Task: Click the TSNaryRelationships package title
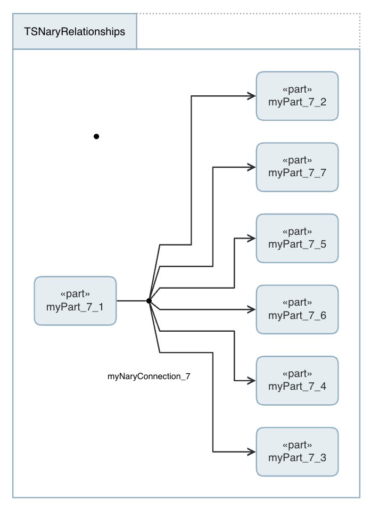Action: [x=75, y=31]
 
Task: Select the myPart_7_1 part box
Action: [x=75, y=301]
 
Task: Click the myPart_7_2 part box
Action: [x=297, y=96]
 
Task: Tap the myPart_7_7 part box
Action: [x=297, y=167]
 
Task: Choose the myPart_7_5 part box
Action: [x=297, y=238]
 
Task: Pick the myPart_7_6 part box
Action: [x=297, y=309]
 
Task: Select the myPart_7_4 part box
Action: [x=297, y=381]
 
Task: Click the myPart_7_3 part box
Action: [x=297, y=452]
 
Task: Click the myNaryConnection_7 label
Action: [x=149, y=376]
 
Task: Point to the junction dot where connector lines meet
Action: [x=149, y=301]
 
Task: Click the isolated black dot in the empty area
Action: [x=96, y=136]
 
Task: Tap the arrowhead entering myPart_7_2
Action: [x=251, y=96]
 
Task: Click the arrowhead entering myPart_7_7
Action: [x=251, y=167]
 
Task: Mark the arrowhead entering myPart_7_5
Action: [x=251, y=238]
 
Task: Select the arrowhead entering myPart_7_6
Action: [x=251, y=309]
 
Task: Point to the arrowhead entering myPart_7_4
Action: [x=251, y=381]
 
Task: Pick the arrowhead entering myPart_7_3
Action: [x=251, y=452]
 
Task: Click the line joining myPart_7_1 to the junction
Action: [x=132, y=301]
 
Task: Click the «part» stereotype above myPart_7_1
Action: [x=75, y=294]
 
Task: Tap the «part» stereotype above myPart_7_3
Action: [x=297, y=445]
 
